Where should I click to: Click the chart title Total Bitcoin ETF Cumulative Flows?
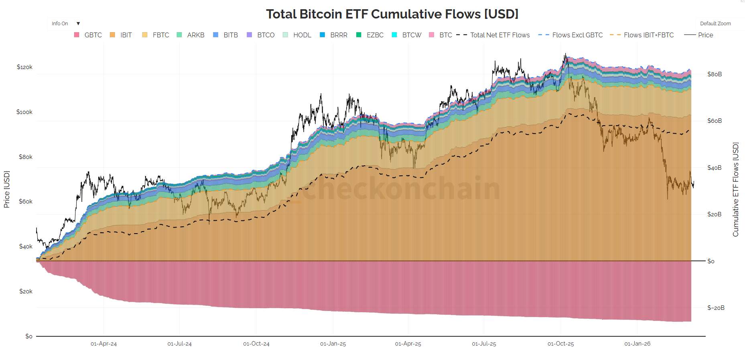392,14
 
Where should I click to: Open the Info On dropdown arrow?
78,24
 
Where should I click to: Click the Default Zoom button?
715,24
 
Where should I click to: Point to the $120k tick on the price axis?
24,67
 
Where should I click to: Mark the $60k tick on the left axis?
26,201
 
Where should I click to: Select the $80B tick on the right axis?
714,74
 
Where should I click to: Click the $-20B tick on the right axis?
716,308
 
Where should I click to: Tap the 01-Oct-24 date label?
256,344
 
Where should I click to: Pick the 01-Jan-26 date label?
637,344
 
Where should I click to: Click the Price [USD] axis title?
6,189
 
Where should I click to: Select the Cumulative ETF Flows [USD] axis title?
735,189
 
